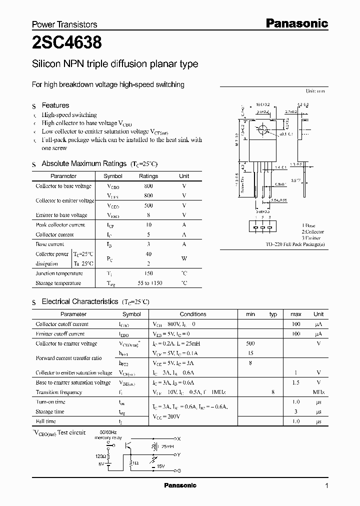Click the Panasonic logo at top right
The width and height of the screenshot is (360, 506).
point(296,23)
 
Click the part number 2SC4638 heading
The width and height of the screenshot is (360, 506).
point(67,43)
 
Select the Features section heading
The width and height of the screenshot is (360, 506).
point(55,105)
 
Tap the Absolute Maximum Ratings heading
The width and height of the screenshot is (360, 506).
point(84,163)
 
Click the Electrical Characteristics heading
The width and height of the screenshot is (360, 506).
point(79,301)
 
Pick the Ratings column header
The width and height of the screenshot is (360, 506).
point(148,176)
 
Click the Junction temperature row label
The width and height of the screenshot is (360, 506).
point(59,273)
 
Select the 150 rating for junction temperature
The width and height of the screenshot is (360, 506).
point(148,273)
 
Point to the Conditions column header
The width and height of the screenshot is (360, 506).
point(193,314)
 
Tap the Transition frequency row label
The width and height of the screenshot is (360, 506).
point(58,392)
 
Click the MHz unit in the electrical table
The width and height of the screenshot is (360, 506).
point(318,392)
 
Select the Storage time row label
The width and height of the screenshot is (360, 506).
point(50,411)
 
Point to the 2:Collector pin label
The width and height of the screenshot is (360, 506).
point(312,232)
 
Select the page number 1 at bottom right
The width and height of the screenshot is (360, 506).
point(326,486)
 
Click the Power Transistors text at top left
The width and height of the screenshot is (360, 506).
point(64,24)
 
